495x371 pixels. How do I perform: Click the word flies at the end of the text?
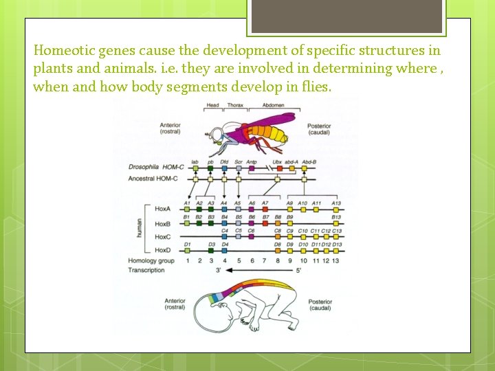316,87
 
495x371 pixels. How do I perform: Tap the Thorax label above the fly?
236,106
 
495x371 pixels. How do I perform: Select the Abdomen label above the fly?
272,106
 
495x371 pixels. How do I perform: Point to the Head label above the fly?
212,106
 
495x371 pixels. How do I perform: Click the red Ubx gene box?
278,167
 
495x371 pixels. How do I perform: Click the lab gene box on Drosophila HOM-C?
195,167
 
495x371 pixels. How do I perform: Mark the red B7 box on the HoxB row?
265,223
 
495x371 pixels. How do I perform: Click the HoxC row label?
162,237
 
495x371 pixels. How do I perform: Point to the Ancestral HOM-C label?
153,179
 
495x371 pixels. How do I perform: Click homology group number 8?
277,261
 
